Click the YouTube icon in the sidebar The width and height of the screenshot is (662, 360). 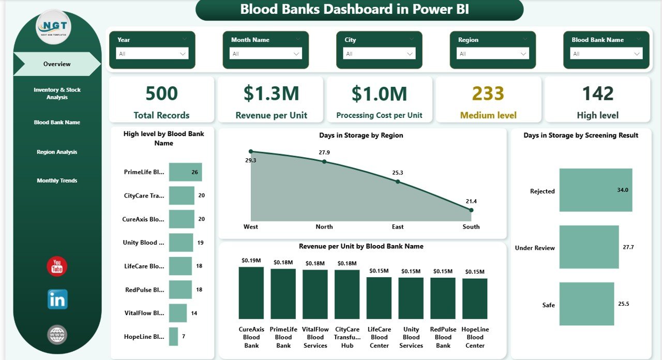(x=57, y=266)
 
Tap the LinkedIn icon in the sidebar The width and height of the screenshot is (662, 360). (x=57, y=299)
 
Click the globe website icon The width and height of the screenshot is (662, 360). (x=57, y=335)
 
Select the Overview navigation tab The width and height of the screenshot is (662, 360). (x=57, y=64)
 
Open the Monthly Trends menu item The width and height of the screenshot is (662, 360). (x=57, y=181)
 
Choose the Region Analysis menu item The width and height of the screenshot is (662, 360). (x=57, y=152)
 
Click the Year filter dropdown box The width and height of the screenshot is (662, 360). (x=152, y=53)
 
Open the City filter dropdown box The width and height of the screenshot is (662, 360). (x=379, y=53)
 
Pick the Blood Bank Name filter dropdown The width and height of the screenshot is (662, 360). (x=606, y=53)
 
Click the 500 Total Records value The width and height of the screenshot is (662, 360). (x=161, y=94)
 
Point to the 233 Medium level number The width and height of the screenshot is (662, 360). (x=488, y=94)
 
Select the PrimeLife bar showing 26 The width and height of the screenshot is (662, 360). (x=185, y=172)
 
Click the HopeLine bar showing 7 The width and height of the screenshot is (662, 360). (x=173, y=336)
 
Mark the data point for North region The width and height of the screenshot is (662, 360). (x=324, y=161)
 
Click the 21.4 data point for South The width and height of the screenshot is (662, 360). (x=471, y=210)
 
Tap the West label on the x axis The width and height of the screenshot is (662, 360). (x=251, y=227)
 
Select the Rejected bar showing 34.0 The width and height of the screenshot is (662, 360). (x=595, y=190)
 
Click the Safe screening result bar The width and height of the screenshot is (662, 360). (x=586, y=304)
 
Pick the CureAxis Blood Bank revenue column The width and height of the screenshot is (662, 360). (x=251, y=293)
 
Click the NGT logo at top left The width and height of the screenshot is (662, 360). (x=53, y=27)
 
